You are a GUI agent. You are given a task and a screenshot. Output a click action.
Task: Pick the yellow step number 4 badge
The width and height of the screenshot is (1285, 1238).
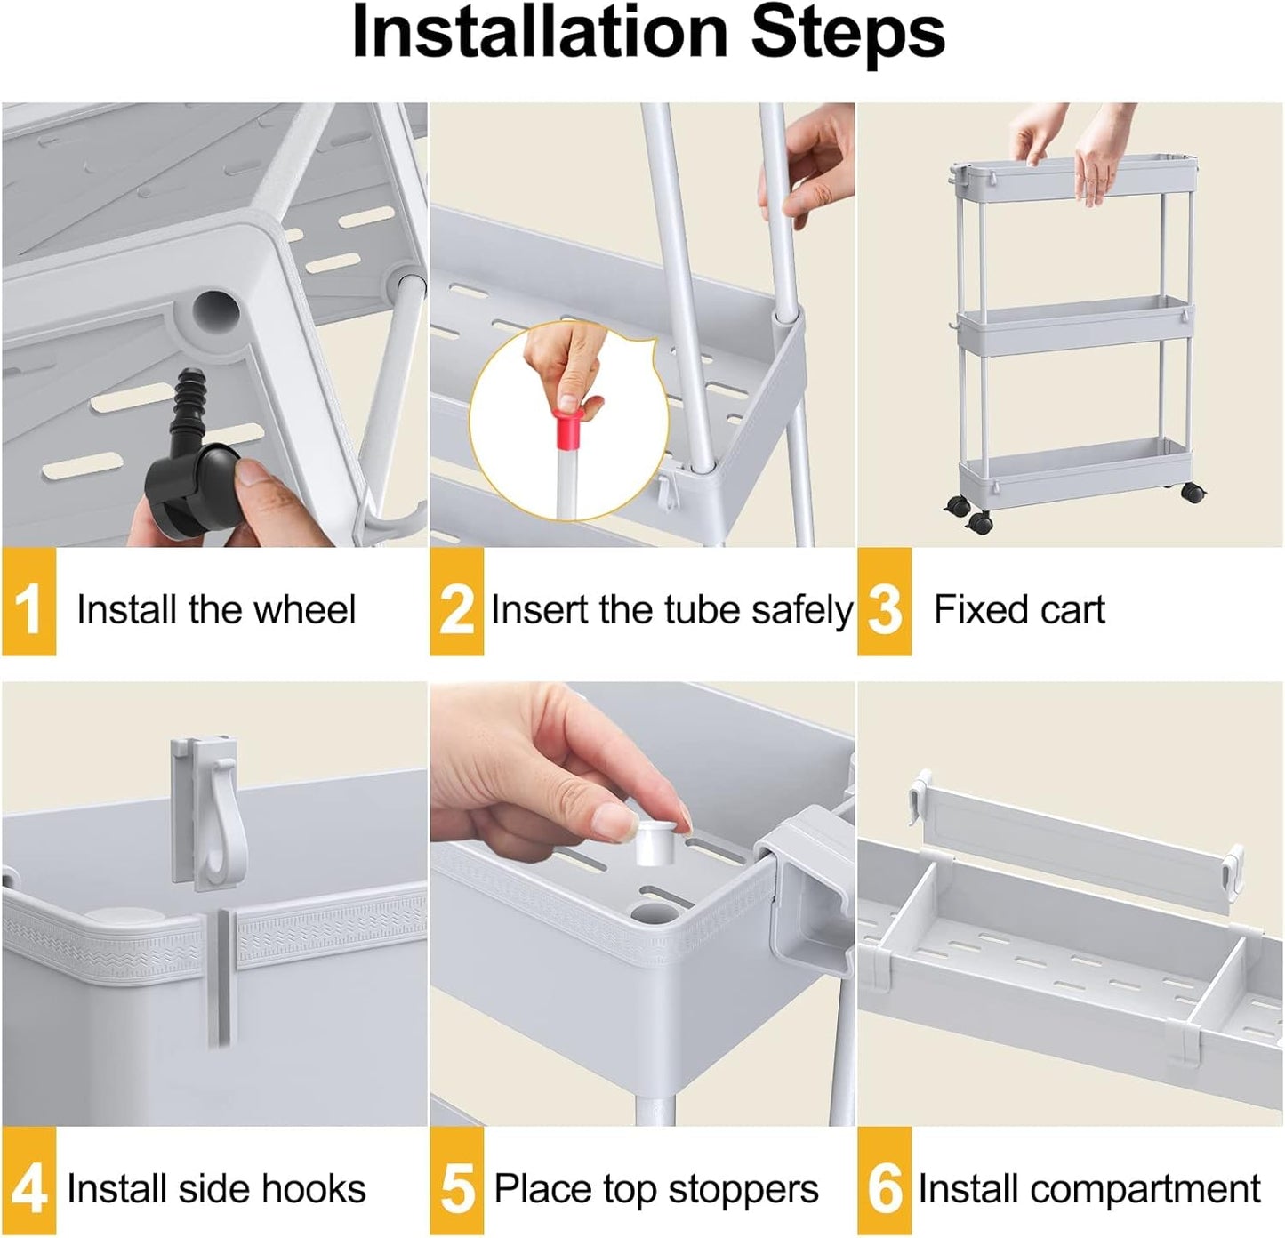point(28,1182)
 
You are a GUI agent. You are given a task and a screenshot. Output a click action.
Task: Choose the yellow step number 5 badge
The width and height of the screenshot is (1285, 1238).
point(457,1182)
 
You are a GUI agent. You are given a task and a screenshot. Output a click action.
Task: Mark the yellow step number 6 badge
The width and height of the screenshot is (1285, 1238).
point(884,1182)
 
